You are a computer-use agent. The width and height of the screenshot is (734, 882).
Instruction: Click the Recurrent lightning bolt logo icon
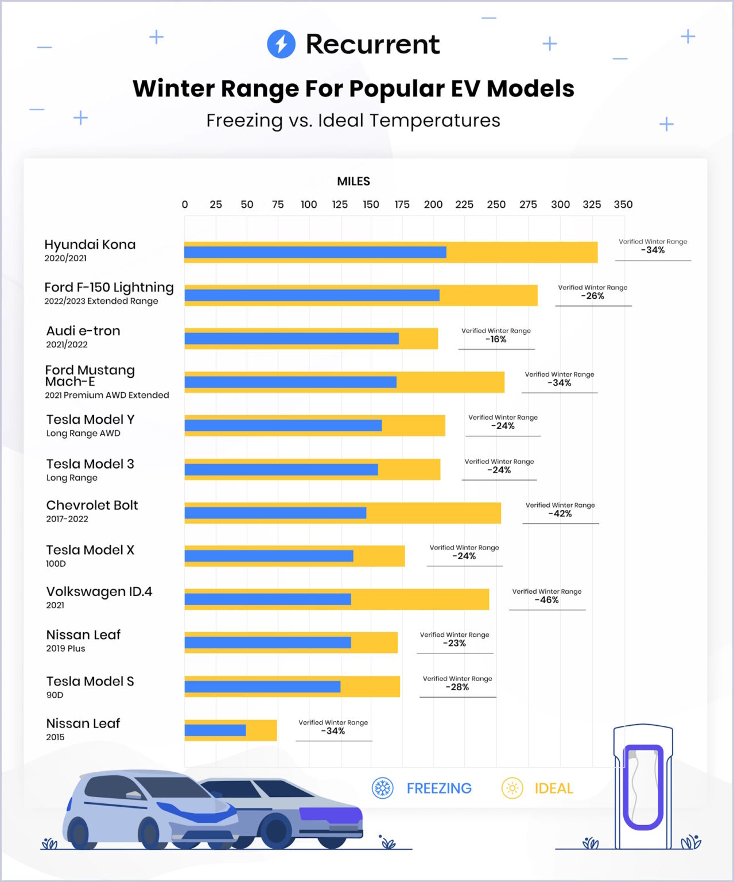coord(281,44)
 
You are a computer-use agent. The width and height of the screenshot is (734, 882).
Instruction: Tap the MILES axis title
coord(354,181)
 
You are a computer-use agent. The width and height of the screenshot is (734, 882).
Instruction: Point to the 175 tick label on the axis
coord(402,204)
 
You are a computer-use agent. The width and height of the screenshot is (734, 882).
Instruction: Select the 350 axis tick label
coord(623,204)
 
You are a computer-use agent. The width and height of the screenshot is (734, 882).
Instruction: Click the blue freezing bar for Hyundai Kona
coord(314,252)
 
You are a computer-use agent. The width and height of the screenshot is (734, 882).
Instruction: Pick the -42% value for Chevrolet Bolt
coord(560,514)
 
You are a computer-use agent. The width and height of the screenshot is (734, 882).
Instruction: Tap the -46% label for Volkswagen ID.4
coord(546,600)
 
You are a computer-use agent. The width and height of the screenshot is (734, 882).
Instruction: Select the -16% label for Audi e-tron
coord(496,339)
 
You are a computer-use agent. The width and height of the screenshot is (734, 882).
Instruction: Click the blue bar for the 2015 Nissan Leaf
coord(215,730)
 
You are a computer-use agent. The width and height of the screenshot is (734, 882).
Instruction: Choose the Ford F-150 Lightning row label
coord(109,288)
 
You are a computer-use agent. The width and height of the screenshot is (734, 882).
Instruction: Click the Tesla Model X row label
coord(90,550)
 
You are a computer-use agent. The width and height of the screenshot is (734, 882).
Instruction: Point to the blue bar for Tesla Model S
coord(262,687)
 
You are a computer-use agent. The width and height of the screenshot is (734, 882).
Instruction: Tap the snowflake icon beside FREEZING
coord(383,788)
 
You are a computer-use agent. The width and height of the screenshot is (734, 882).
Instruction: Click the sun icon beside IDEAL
coord(512,788)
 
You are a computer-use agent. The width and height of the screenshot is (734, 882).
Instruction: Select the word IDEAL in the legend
coord(554,788)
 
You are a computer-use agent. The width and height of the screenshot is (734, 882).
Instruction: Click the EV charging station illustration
coord(643,787)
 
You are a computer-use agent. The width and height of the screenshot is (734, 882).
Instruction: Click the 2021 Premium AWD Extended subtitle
coord(107,395)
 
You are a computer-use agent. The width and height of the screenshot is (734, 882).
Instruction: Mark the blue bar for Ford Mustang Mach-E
coord(290,382)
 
